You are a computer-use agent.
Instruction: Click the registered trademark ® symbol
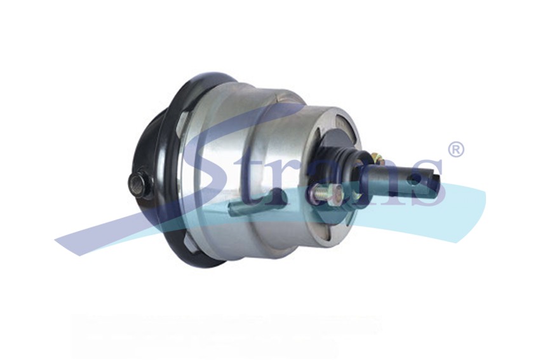[x=456, y=149]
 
